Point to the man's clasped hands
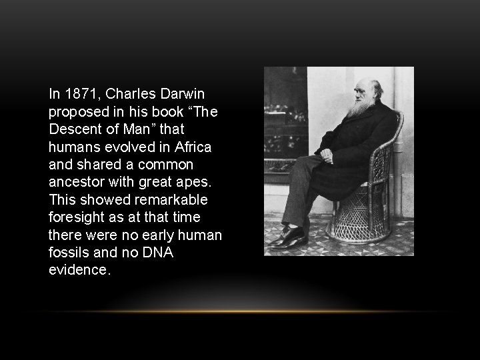[326, 157]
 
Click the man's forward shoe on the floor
[287, 237]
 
